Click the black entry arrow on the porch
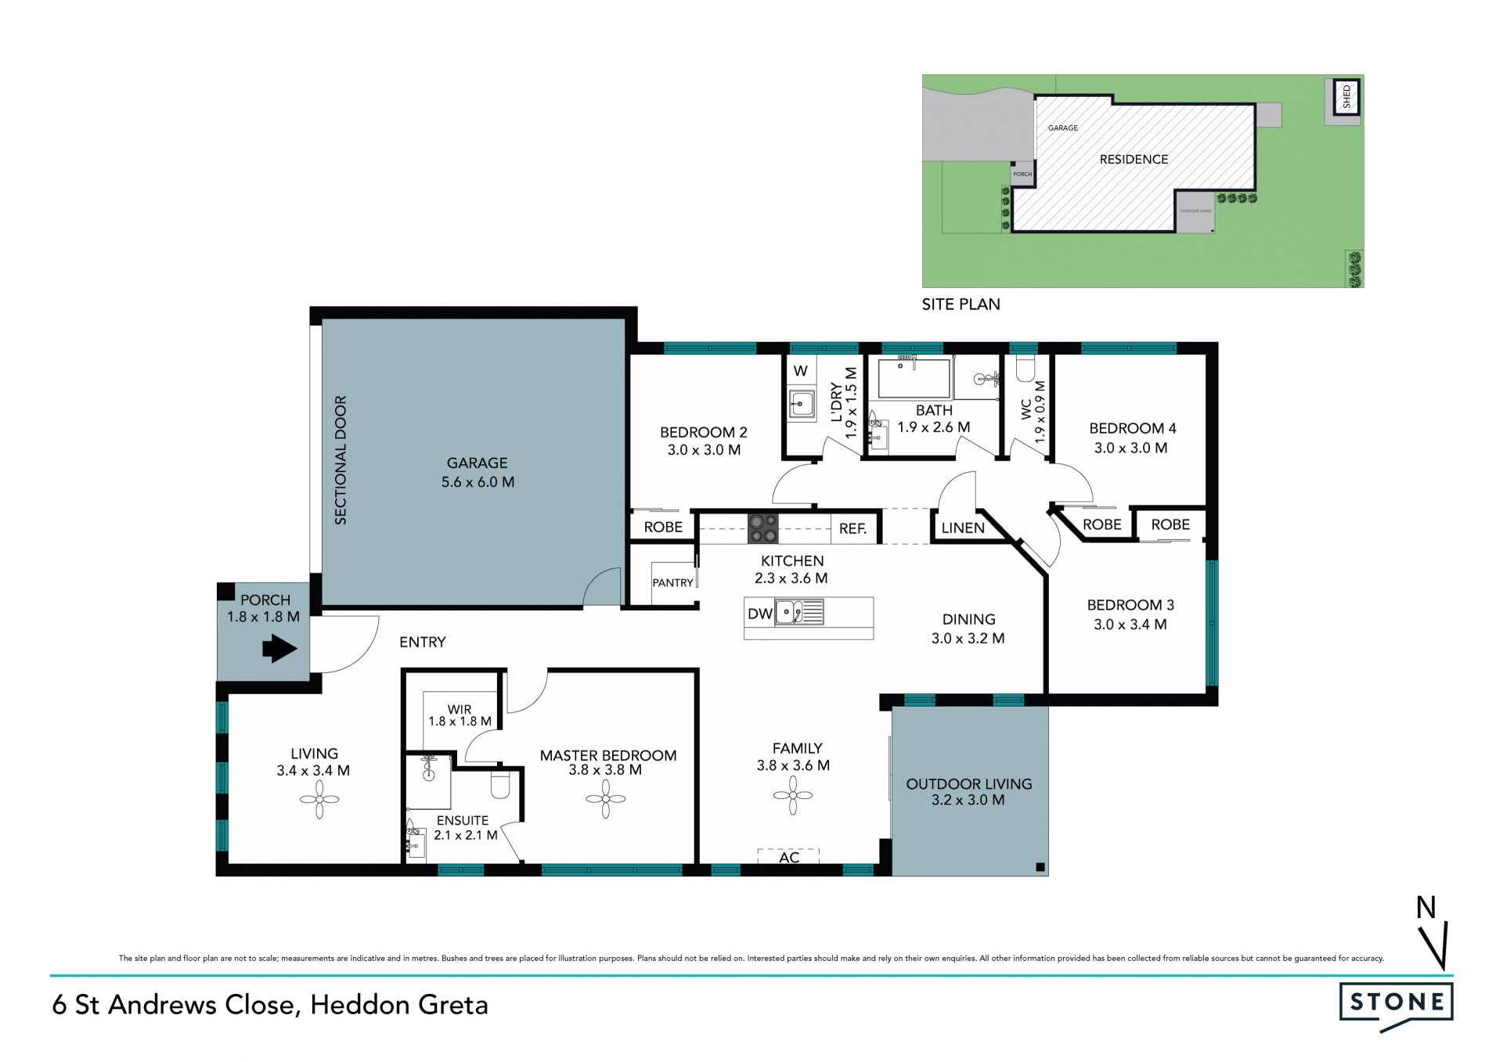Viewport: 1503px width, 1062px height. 279,648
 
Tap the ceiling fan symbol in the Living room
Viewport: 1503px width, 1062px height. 319,800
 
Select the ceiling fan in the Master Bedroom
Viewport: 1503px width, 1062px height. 606,799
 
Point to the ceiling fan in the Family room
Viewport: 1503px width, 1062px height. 793,796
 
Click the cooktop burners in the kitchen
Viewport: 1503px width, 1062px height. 763,528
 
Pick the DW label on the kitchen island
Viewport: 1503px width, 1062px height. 760,614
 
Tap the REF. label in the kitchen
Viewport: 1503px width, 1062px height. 853,529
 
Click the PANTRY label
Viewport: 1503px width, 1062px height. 673,583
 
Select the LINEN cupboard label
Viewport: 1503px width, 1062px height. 963,528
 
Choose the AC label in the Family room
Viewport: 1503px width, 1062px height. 789,858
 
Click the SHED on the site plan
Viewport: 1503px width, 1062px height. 1346,98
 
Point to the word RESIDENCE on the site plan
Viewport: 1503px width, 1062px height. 1134,160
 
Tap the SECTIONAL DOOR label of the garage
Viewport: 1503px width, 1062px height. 341,460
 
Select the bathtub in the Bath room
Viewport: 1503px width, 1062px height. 914,377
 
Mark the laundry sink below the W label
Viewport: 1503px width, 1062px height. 801,404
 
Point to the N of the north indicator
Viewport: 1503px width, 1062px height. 1426,908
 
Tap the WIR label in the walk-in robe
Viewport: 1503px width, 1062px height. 460,710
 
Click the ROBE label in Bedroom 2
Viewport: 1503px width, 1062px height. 663,527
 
